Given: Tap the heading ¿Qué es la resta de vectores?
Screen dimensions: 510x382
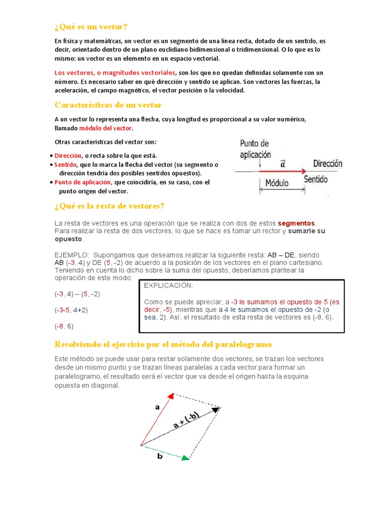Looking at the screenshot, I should (x=109, y=206).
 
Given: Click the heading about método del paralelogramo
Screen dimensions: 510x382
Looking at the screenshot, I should (x=164, y=345).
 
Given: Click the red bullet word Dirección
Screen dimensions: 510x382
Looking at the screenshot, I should (x=68, y=156).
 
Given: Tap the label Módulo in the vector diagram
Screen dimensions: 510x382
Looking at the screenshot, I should (x=277, y=183).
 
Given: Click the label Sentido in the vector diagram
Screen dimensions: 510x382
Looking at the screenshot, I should (x=315, y=179).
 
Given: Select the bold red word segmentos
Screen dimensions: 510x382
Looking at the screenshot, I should (x=296, y=223).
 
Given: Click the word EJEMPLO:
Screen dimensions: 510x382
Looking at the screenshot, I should (x=72, y=253).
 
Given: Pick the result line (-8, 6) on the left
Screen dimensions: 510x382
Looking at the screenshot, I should (x=64, y=326).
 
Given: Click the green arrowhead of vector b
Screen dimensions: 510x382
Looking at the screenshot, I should (x=186, y=457).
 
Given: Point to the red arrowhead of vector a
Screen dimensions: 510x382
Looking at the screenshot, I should (x=170, y=396).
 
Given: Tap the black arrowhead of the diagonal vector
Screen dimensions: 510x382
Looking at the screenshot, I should (x=216, y=409).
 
